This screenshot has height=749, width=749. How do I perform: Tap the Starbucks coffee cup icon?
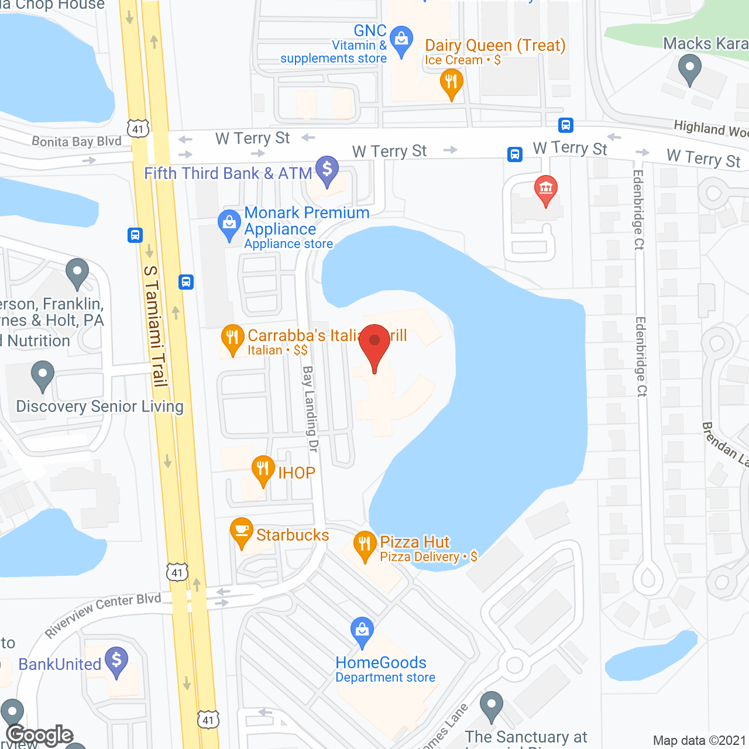(x=241, y=531)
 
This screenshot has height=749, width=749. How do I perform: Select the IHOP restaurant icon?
(x=263, y=469)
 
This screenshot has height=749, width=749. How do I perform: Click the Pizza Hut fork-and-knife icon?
(x=365, y=545)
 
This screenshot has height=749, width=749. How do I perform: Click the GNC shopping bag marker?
(x=401, y=40)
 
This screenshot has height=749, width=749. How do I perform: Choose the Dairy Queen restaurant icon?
(x=451, y=83)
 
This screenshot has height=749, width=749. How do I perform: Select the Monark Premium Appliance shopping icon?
(x=229, y=224)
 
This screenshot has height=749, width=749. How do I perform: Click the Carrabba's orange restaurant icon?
(x=232, y=338)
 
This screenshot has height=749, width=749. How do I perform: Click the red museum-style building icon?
(x=546, y=189)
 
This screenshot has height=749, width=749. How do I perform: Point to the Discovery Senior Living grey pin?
(x=42, y=375)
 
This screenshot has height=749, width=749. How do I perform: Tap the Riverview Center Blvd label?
(x=102, y=614)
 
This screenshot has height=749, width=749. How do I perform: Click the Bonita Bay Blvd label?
(x=77, y=141)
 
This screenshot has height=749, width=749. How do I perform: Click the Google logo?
(x=40, y=735)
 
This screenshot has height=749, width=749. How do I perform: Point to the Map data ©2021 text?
(x=699, y=740)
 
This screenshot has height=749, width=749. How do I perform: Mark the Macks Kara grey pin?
(x=690, y=68)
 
